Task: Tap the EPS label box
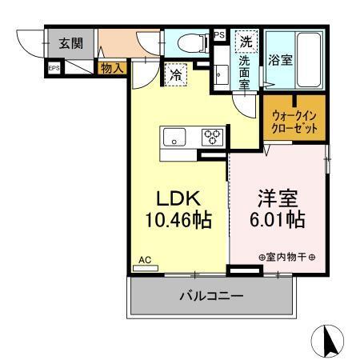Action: pyautogui.click(x=54, y=69)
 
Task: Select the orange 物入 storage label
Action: pyautogui.click(x=112, y=69)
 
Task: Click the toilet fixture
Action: pyautogui.click(x=186, y=43)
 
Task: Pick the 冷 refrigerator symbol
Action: pyautogui.click(x=176, y=75)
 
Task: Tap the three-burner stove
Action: pyautogui.click(x=212, y=136)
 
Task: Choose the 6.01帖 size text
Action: pyautogui.click(x=278, y=219)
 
